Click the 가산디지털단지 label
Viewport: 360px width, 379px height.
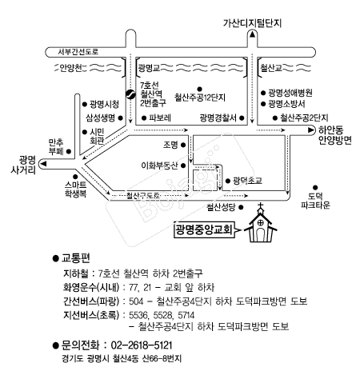[x=252, y=23]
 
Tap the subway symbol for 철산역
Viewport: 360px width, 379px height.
[x=130, y=94]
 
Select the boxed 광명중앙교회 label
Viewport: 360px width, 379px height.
[x=204, y=229]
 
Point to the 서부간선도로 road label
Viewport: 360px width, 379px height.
[x=78, y=52]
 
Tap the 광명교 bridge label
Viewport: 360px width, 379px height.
[x=149, y=68]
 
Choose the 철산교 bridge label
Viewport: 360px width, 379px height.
[x=271, y=68]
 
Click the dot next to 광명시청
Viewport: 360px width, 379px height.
[x=85, y=104]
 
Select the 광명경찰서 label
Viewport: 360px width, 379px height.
[x=218, y=118]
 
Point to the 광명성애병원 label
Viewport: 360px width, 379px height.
[x=290, y=93]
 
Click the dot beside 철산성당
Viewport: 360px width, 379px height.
[x=241, y=207]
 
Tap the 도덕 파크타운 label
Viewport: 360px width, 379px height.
[x=315, y=201]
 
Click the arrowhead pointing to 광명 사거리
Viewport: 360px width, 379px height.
[x=43, y=163]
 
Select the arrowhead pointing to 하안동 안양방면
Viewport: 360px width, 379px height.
[x=311, y=130]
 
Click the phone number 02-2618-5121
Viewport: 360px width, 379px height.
[x=142, y=345]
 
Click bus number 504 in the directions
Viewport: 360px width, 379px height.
[x=136, y=301]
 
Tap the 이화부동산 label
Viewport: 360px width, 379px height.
[x=159, y=166]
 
